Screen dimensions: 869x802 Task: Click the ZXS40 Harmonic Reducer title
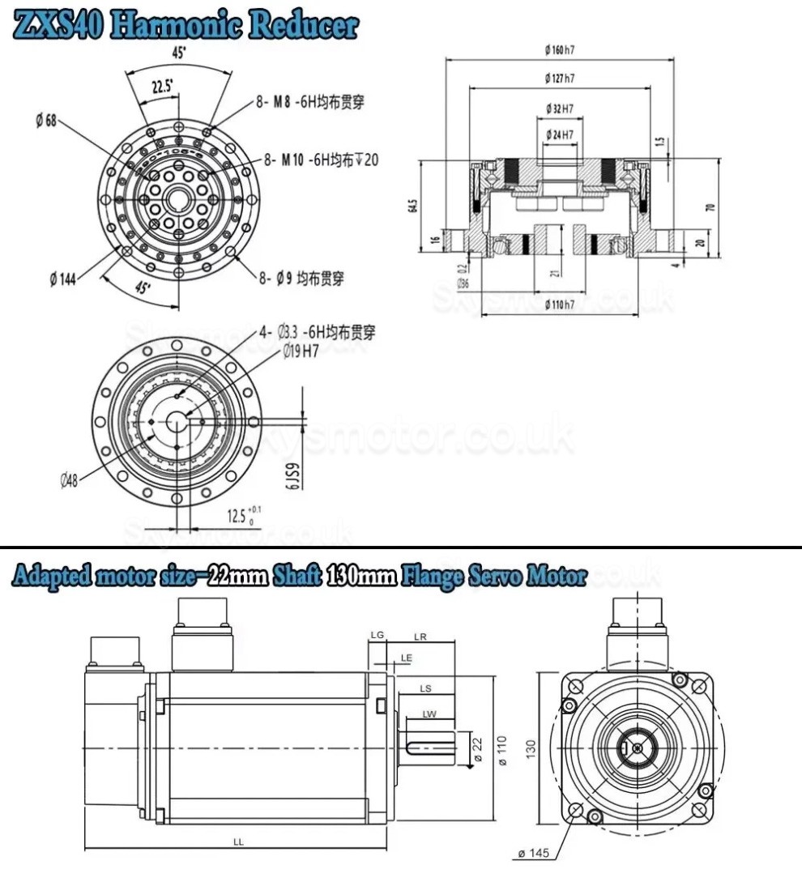tap(186, 24)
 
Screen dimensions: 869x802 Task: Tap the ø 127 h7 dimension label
tap(560, 79)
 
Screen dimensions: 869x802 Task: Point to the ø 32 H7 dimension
tap(560, 108)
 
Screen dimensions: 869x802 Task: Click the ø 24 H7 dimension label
tap(560, 134)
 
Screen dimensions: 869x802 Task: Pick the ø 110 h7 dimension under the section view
tap(560, 304)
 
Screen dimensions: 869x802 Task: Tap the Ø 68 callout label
tap(46, 121)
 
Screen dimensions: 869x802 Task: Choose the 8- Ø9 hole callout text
tap(301, 279)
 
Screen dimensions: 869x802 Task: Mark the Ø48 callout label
tap(69, 480)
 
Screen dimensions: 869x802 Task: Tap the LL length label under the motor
tap(238, 842)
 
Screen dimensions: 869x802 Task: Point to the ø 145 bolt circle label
tap(535, 854)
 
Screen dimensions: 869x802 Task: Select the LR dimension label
tap(420, 637)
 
